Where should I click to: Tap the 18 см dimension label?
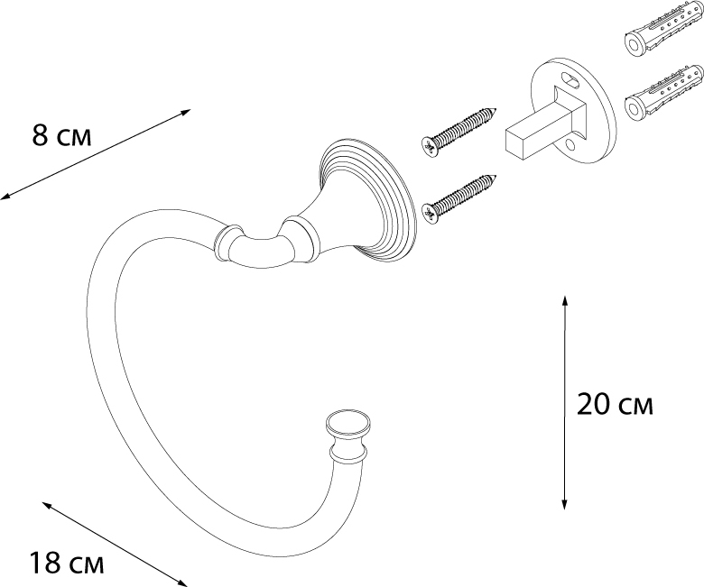(67, 563)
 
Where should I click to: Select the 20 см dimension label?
(615, 404)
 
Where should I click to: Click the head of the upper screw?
(430, 147)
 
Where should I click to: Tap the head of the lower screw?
(430, 212)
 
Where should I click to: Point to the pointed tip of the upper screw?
(496, 107)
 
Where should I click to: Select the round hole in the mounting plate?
(570, 145)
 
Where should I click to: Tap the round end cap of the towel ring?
(348, 424)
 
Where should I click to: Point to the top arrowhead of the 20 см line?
(564, 300)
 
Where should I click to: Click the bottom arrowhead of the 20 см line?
(564, 505)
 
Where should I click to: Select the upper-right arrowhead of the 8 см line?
(186, 112)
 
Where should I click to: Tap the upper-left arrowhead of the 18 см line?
(47, 505)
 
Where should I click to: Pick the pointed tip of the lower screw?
(496, 177)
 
